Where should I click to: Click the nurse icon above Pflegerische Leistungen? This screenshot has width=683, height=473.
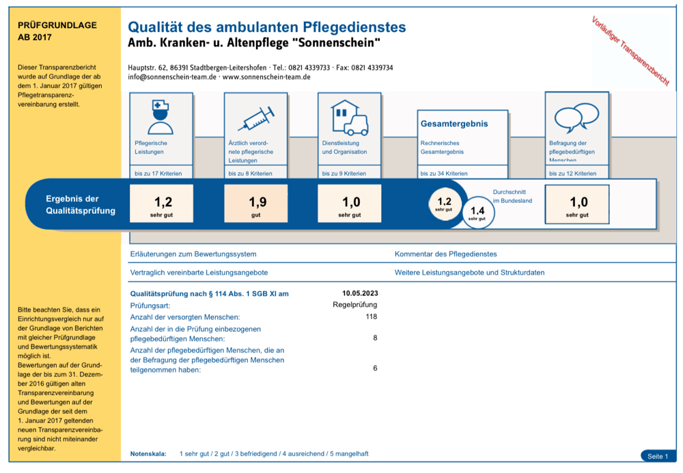(161, 117)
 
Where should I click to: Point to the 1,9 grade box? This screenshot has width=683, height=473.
(255, 204)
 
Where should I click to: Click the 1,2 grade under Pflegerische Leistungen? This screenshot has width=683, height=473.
(162, 204)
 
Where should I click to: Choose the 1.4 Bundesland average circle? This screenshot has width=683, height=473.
(477, 212)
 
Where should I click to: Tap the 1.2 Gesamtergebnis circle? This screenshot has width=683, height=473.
(444, 204)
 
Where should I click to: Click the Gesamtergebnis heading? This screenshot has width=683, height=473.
(454, 124)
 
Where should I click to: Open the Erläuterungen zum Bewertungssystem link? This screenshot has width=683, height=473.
(193, 254)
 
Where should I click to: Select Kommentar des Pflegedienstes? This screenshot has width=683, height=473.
(445, 254)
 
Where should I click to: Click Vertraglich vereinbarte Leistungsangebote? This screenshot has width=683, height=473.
(199, 272)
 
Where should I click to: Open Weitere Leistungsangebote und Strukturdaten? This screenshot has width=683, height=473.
(469, 272)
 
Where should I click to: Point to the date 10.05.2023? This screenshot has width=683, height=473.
(360, 294)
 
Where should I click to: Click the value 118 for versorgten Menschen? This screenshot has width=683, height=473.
(371, 316)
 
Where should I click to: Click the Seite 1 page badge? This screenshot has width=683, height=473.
(658, 456)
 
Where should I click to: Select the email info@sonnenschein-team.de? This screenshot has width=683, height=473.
(172, 77)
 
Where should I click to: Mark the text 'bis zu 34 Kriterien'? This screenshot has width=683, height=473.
(444, 174)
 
